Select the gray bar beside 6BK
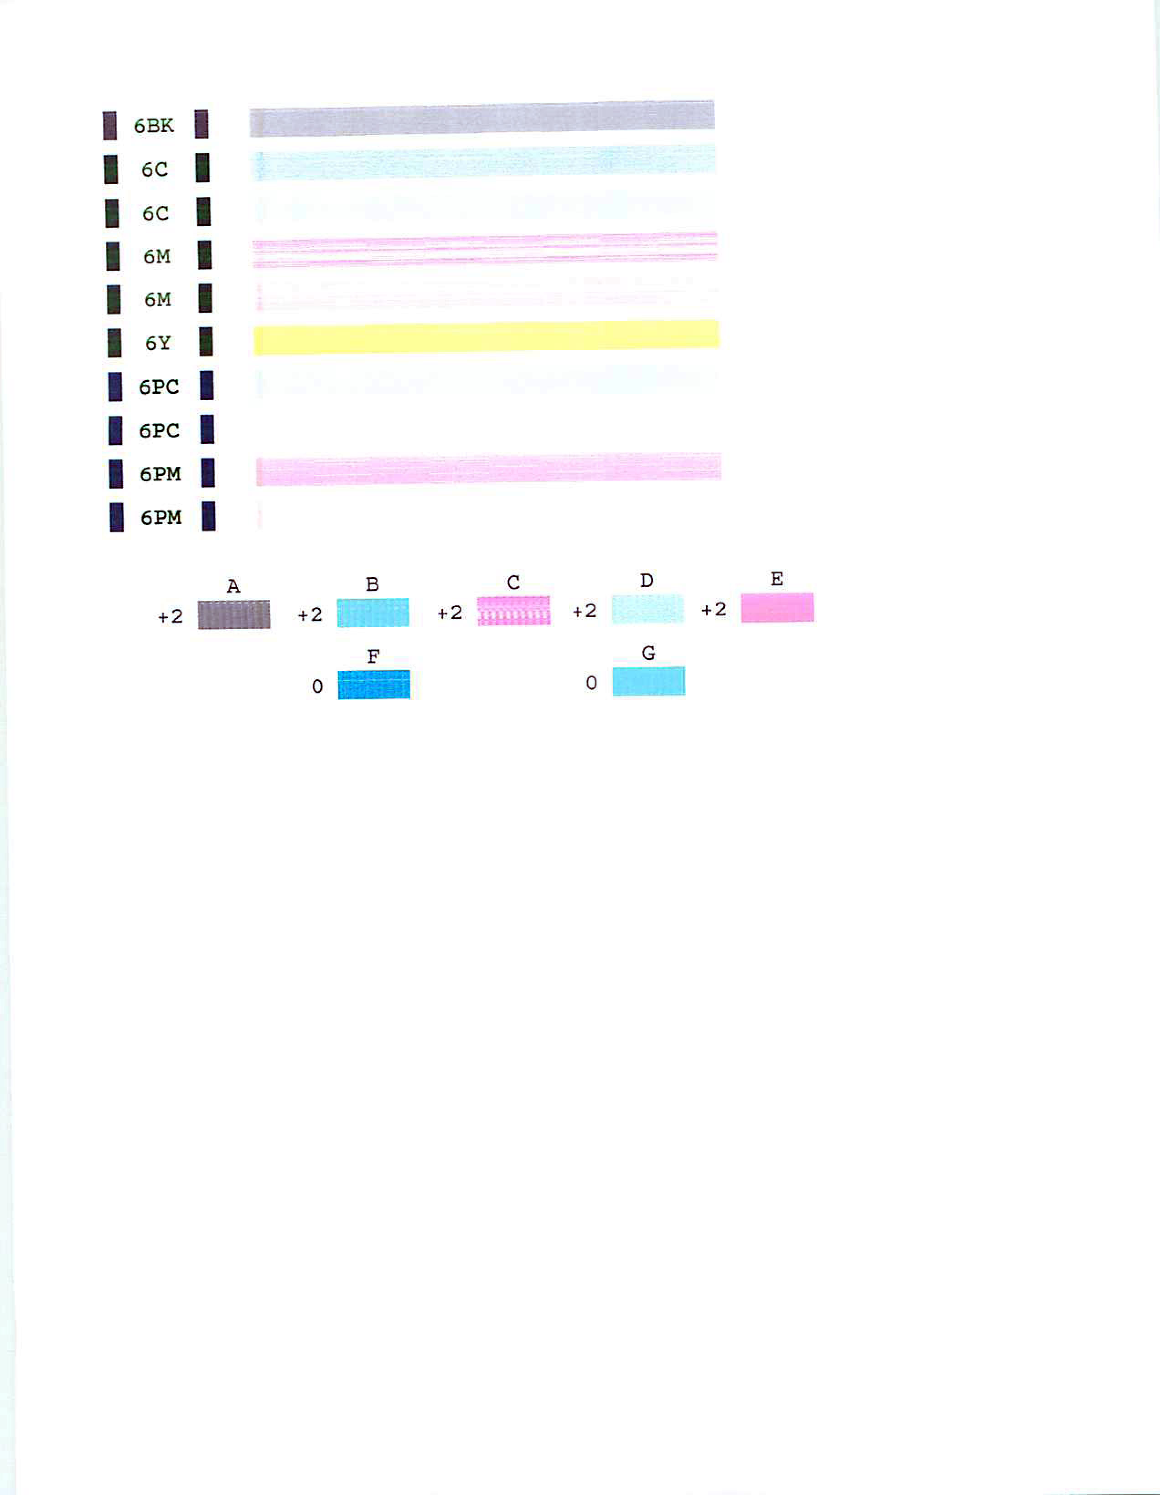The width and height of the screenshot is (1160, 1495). (482, 119)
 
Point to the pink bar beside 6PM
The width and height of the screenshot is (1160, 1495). (489, 469)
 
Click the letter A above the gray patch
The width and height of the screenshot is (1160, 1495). (233, 587)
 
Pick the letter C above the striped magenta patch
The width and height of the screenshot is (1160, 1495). (513, 583)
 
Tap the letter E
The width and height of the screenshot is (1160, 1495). (777, 579)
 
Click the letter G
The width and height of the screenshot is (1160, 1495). (648, 653)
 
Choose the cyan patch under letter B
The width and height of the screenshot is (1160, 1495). (373, 613)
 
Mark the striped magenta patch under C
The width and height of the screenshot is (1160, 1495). (513, 611)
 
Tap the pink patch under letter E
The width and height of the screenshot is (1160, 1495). (778, 607)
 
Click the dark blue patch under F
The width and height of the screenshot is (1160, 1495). (374, 685)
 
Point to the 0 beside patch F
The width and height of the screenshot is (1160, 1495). (317, 686)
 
